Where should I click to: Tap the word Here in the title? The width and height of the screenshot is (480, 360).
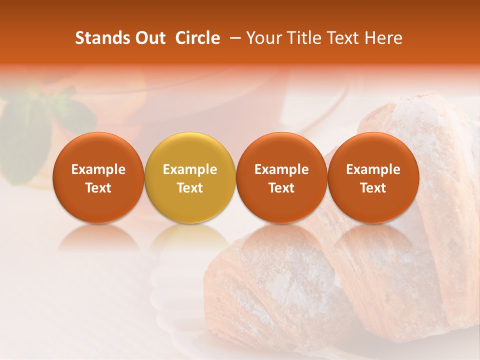[383, 38]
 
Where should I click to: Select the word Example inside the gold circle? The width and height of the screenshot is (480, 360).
[190, 169]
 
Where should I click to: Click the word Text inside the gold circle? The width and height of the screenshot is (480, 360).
[190, 188]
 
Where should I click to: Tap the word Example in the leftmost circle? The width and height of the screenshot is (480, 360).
[98, 169]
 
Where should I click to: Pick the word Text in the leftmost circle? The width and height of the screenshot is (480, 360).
[98, 188]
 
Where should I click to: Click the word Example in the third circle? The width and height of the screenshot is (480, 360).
[281, 169]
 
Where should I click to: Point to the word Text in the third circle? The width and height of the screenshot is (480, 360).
[281, 188]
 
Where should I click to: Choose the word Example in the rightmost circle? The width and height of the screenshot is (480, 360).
[373, 169]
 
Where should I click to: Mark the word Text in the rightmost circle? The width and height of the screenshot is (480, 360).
[373, 188]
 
